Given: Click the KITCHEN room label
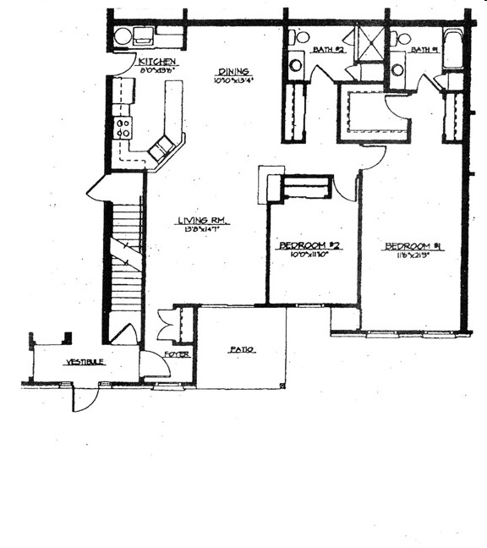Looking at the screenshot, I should pos(157,63).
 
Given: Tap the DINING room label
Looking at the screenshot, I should pos(233,72).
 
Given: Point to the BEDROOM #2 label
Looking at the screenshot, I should pos(309,246).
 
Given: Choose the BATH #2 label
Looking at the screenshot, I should pos(326,50).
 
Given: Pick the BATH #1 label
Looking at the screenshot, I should pos(423,50).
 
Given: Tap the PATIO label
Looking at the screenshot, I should pos(242,349).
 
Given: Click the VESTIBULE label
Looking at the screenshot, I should pos(85,362).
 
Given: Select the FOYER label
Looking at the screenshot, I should pos(176,354).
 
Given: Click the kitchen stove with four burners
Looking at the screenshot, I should pos(123,127).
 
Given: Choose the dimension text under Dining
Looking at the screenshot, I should pos(233,81).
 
